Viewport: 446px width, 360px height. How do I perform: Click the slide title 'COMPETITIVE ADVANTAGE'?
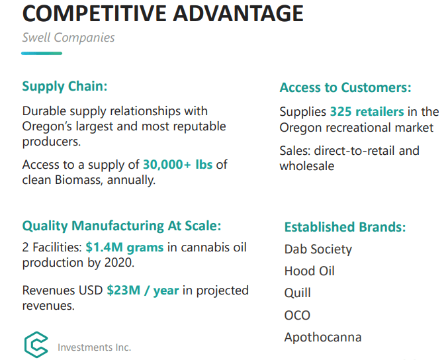[163, 13]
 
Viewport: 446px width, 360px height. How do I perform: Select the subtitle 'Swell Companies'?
[68, 38]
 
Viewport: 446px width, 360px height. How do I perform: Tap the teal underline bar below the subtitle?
[42, 53]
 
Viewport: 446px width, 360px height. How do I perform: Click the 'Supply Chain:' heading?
[65, 86]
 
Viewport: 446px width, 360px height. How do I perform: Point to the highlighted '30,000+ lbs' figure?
[177, 164]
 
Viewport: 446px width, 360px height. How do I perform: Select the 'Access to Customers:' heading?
[345, 87]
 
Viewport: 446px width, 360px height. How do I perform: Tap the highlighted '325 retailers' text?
[367, 111]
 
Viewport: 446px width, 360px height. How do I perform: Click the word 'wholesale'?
[306, 166]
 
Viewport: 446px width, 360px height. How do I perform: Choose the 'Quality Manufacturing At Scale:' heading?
[122, 226]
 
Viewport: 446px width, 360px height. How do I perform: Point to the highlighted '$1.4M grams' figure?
[124, 247]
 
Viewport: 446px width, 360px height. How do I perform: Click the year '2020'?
[119, 263]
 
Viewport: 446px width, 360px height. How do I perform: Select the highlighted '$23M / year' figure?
[143, 291]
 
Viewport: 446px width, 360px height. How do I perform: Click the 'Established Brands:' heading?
[345, 227]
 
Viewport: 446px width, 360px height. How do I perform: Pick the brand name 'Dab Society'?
[318, 249]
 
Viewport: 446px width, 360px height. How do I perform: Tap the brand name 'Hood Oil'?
[309, 271]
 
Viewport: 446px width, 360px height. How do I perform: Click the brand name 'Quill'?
[297, 292]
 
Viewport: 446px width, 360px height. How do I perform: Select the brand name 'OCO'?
[297, 315]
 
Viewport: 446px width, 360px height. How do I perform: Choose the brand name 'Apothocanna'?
[323, 337]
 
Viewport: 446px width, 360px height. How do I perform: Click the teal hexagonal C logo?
[36, 344]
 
